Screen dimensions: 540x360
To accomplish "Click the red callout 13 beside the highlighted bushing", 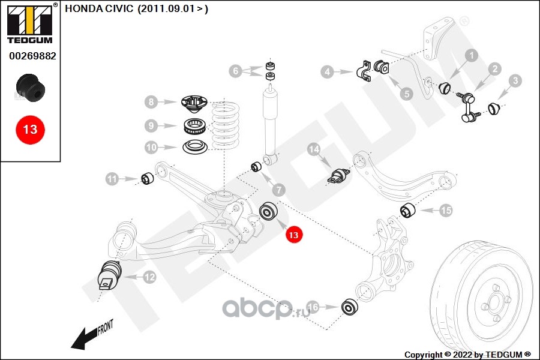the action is (x=293, y=235).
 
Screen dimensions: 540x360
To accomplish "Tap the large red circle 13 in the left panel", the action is (x=31, y=130).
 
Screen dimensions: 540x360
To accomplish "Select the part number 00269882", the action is (x=32, y=56).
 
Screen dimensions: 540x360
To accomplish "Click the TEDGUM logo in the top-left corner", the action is (x=31, y=23).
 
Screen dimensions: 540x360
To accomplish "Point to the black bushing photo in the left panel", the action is (x=31, y=88).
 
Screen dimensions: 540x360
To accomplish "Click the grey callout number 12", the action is (x=149, y=277).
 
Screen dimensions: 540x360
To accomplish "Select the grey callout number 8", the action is (x=151, y=102).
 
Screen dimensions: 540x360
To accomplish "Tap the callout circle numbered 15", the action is (x=446, y=210).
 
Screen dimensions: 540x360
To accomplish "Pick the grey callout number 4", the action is (x=327, y=72).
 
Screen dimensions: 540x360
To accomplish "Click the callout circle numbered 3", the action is (x=515, y=80).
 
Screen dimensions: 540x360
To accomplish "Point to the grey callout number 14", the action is (x=314, y=149).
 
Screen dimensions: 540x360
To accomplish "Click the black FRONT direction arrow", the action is (x=83, y=339).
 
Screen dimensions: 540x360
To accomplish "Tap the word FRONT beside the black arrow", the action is (x=106, y=327).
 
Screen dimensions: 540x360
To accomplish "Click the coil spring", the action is (x=225, y=125).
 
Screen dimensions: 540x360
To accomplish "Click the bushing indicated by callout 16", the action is (x=349, y=307).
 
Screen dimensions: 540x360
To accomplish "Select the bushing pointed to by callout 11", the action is (x=148, y=178).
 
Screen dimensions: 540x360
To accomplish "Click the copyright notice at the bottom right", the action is (x=467, y=355).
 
